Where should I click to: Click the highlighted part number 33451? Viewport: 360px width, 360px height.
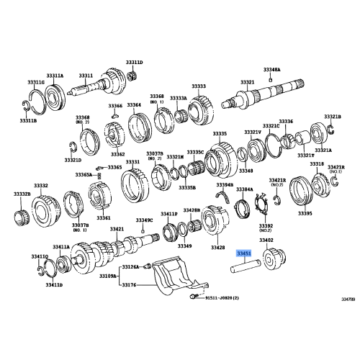click(244, 253)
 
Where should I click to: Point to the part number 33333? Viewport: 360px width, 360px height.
click(199, 86)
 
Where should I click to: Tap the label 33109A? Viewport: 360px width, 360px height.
click(107, 276)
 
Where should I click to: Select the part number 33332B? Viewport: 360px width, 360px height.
click(22, 194)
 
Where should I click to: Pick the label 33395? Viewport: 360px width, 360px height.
click(305, 213)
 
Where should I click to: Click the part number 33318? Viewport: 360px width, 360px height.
click(317, 164)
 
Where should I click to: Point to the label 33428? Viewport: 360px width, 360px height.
click(218, 247)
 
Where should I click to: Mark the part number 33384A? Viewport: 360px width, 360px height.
click(245, 189)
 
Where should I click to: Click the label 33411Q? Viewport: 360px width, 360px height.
click(40, 256)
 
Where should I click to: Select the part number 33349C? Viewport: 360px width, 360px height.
click(145, 220)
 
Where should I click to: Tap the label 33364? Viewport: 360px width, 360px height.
click(134, 105)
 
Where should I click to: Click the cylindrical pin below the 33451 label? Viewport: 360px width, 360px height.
click(244, 271)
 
